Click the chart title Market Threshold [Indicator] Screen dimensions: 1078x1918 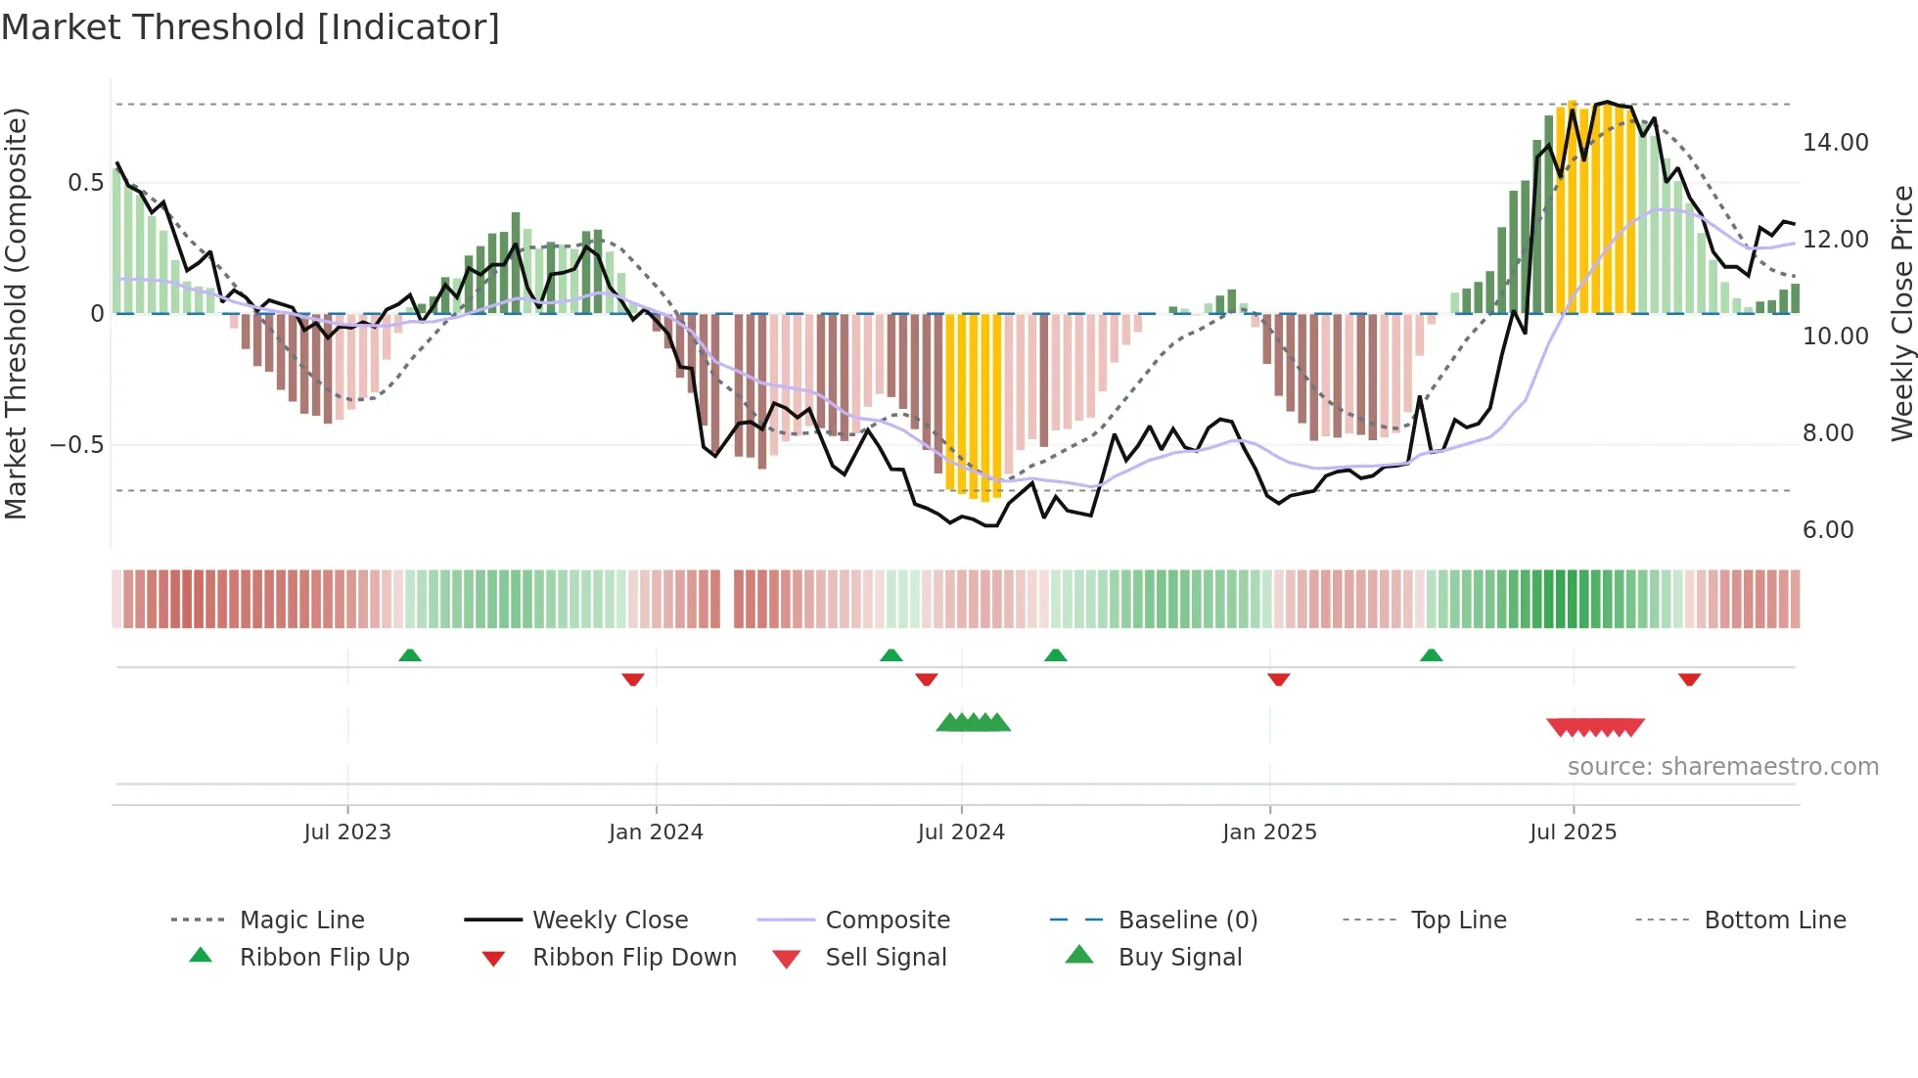[x=251, y=27]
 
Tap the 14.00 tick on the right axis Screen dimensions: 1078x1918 [x=1835, y=143]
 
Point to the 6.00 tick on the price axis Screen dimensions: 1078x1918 [x=1827, y=530]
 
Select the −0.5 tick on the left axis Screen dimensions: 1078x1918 [x=76, y=445]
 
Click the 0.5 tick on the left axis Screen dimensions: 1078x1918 [x=85, y=183]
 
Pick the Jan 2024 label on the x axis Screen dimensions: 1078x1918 [x=656, y=832]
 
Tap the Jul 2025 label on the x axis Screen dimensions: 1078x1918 [x=1573, y=832]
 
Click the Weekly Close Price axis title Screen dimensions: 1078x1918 [x=1901, y=313]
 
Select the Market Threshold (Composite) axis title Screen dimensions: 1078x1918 [x=16, y=313]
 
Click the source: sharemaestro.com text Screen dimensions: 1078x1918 [x=1722, y=767]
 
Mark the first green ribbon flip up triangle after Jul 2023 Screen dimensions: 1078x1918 [x=410, y=655]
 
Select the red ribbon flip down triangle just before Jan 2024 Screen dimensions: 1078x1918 [x=633, y=679]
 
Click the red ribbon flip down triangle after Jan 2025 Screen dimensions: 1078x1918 [x=1278, y=679]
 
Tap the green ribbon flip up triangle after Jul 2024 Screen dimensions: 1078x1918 [x=1055, y=655]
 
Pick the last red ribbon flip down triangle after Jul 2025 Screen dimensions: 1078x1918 [x=1689, y=679]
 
